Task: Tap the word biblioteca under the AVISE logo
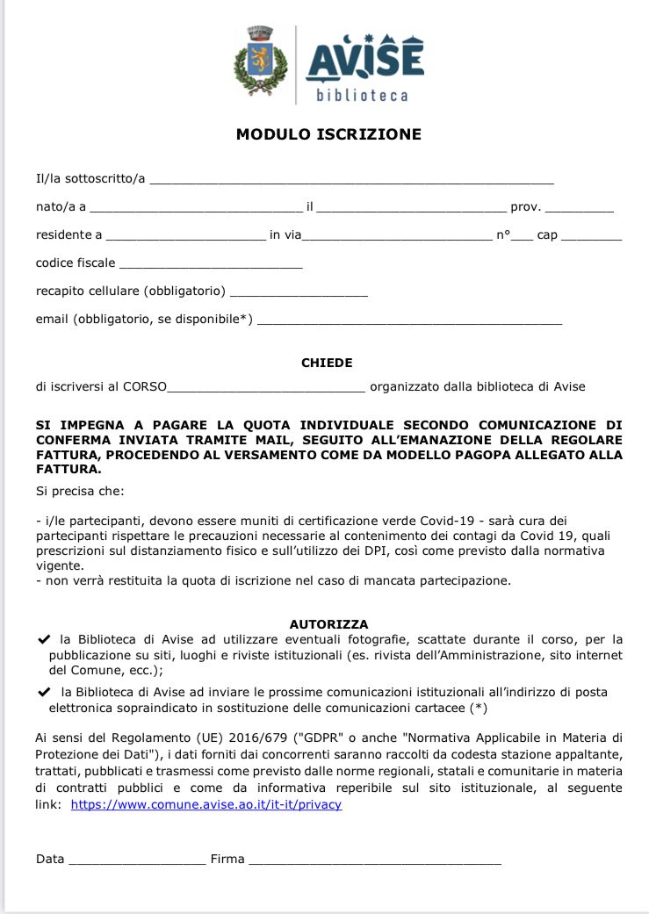tap(363, 95)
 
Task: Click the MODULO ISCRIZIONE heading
tap(328, 134)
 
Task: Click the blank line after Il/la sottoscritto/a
tap(351, 180)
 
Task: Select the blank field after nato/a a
tap(195, 208)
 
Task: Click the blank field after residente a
tap(185, 235)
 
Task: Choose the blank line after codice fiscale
tap(211, 263)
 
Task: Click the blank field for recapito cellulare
tap(299, 291)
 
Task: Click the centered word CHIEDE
tap(327, 363)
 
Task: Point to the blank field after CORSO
tap(265, 387)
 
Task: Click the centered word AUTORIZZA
tap(328, 624)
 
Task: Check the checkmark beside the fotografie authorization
tap(45, 639)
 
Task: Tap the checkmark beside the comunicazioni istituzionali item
tap(45, 692)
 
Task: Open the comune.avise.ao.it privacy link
tap(206, 804)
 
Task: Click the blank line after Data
tap(136, 860)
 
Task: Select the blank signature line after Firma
tap(374, 860)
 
